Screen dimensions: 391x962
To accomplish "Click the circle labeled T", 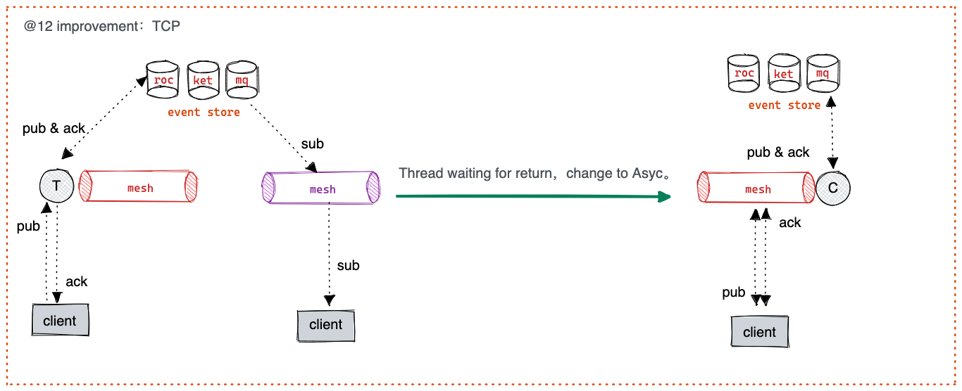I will pos(55,186).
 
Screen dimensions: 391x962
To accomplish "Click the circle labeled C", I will pos(833,187).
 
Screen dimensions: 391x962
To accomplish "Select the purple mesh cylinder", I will pos(321,188).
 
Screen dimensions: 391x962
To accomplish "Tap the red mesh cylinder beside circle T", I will pos(139,187).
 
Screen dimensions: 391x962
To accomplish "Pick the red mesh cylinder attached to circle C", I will pos(758,188).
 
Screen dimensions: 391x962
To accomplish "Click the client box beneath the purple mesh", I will pos(325,325).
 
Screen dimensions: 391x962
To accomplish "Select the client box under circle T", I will pos(60,321).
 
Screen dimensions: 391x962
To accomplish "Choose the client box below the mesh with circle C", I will pos(759,332).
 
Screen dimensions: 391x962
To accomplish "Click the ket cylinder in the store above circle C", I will pos(784,73).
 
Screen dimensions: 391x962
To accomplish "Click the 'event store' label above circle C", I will pos(784,105).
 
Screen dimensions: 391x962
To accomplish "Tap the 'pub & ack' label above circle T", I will pos(54,129).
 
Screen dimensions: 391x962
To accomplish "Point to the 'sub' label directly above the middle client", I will pos(348,265).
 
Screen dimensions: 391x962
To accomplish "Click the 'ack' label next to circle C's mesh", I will pos(790,222).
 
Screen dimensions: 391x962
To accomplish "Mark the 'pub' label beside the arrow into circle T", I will pos(28,226).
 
